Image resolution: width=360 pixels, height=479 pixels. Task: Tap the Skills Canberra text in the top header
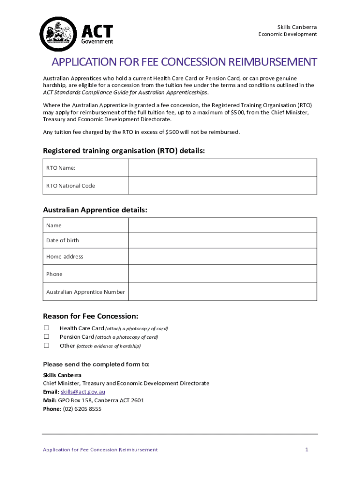pyautogui.click(x=297, y=27)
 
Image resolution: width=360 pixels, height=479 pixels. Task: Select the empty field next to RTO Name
pyautogui.click(x=223, y=167)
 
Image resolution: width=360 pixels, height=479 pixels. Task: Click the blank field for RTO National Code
pyautogui.click(x=223, y=186)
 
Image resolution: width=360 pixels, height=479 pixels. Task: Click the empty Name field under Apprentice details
pyautogui.click(x=223, y=225)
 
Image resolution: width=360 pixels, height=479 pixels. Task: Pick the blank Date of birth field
pyautogui.click(x=223, y=240)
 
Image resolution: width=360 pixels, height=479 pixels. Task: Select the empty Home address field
pyautogui.click(x=223, y=257)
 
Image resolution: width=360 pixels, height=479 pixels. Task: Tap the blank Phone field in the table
pyautogui.click(x=223, y=274)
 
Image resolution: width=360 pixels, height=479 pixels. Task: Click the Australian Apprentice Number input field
pyautogui.click(x=223, y=292)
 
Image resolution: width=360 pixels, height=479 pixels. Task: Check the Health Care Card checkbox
pyautogui.click(x=47, y=328)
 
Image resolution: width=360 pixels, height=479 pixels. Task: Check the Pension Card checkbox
pyautogui.click(x=47, y=337)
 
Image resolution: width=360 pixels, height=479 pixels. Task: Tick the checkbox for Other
pyautogui.click(x=47, y=346)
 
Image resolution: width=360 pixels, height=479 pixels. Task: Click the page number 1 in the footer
pyautogui.click(x=307, y=450)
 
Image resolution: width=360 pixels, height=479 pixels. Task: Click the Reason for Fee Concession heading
pyautogui.click(x=90, y=316)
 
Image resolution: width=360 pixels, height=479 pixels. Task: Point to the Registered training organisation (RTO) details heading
pyautogui.click(x=124, y=151)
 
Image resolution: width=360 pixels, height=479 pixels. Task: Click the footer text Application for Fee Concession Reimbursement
pyautogui.click(x=100, y=450)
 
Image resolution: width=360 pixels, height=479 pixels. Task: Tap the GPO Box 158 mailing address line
pyautogui.click(x=101, y=400)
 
